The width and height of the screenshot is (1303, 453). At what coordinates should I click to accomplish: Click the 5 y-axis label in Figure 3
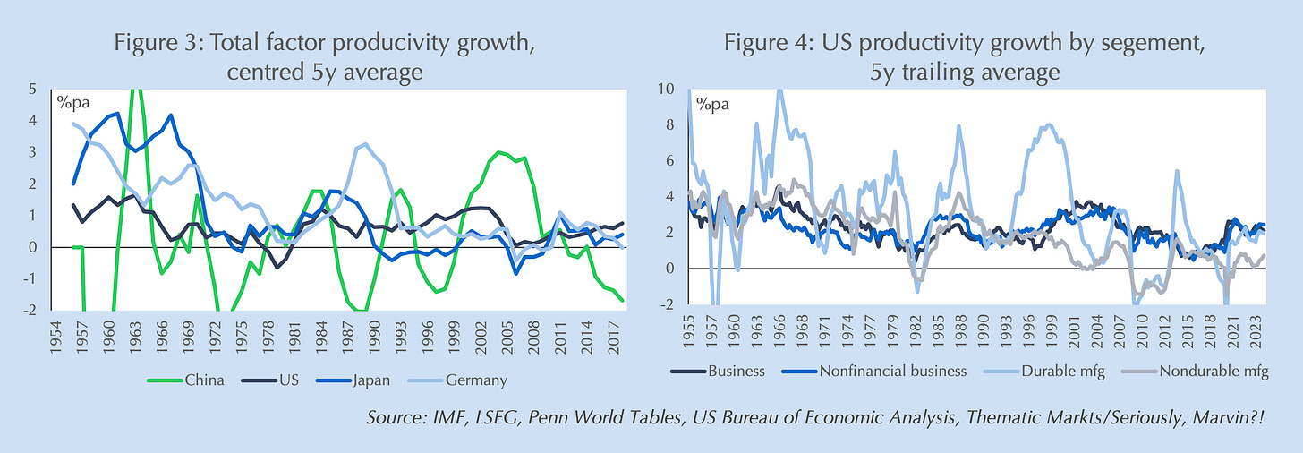[34, 90]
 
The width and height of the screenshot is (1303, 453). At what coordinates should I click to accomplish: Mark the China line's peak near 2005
[499, 152]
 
